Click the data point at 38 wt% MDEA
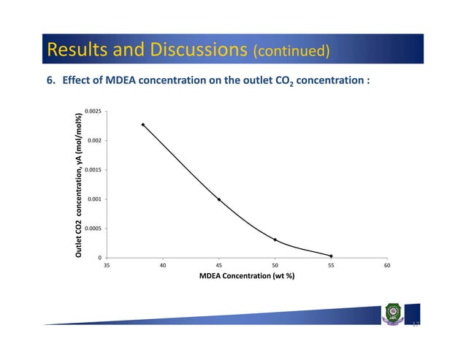tap(143, 125)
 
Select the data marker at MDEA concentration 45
tap(219, 199)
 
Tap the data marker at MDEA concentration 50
tap(275, 240)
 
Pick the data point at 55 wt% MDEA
tap(332, 256)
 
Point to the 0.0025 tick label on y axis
tap(93, 111)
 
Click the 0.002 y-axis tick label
tap(94, 140)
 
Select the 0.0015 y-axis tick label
tap(93, 169)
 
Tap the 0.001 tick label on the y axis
tap(94, 199)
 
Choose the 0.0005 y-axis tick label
tap(93, 228)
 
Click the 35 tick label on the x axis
tap(107, 266)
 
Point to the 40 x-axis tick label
tap(163, 266)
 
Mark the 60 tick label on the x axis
tap(388, 266)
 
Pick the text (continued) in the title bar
tap(291, 51)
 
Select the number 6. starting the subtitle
tap(52, 80)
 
